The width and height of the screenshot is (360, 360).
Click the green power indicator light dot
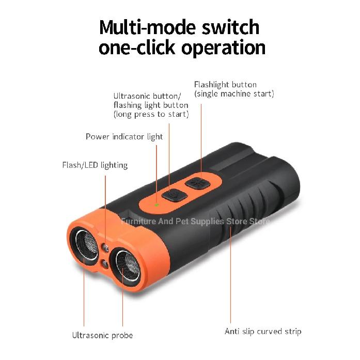(x=157, y=205)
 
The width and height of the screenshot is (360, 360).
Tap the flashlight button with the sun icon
(x=198, y=183)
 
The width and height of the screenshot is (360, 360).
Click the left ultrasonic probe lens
(x=85, y=245)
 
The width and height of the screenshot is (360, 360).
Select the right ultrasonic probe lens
(x=126, y=265)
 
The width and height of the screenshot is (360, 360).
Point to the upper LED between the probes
(x=105, y=248)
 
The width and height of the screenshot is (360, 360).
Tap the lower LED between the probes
(x=105, y=263)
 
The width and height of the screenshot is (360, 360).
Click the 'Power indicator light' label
(x=124, y=137)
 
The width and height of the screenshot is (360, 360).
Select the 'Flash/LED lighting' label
(x=95, y=165)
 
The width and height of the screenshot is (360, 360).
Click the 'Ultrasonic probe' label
(x=103, y=335)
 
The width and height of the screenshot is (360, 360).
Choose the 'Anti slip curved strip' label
(x=263, y=332)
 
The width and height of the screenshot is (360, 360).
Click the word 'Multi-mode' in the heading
(x=148, y=27)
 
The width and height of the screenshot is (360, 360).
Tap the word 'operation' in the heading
(x=224, y=48)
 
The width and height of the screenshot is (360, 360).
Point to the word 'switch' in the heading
(x=230, y=27)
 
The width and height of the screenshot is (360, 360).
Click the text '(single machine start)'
(x=234, y=93)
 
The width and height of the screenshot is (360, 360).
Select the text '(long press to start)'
(x=151, y=114)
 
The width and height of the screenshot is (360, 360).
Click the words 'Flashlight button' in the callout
(x=226, y=85)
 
